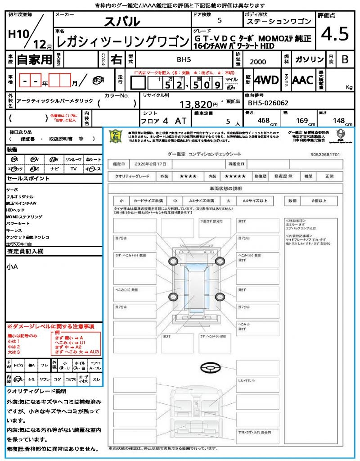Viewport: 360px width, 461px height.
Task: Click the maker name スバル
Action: click(122, 21)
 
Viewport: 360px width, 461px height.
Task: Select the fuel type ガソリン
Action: click(309, 59)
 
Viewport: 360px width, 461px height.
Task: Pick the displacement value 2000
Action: click(258, 62)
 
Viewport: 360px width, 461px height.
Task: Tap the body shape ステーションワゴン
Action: click(279, 22)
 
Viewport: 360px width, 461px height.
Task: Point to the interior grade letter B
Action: click(345, 59)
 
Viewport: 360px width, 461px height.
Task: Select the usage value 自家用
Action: click(35, 59)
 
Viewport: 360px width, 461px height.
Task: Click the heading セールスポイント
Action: click(28, 179)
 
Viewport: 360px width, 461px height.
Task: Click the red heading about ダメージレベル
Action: click(50, 326)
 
